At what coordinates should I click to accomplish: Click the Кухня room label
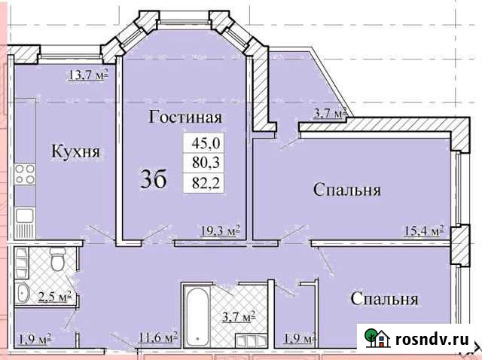(x=76, y=151)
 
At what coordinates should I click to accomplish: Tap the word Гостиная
(x=185, y=117)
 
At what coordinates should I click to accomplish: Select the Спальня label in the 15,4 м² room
(x=346, y=190)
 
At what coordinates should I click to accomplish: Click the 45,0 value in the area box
(x=203, y=142)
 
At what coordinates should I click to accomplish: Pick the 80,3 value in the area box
(x=203, y=161)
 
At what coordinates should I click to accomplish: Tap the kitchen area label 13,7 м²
(x=88, y=73)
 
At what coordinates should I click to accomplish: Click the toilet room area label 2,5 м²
(x=55, y=295)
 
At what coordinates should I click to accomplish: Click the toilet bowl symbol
(x=56, y=263)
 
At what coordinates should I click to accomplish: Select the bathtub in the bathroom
(x=196, y=316)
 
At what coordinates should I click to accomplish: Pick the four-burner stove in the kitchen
(x=25, y=174)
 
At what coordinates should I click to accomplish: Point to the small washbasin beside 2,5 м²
(x=23, y=294)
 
